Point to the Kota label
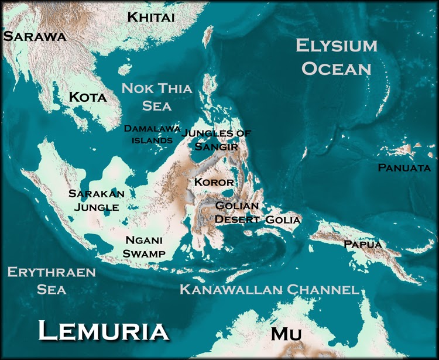pos(88,97)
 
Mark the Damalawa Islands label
pos(152,134)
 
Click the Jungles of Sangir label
pos(217,139)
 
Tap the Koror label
pos(214,182)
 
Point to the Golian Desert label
pos(236,212)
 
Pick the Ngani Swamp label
pos(145,246)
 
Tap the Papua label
pos(363,244)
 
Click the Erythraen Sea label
pos(42,280)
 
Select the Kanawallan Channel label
pos(269,289)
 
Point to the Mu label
pos(286,334)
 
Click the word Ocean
pos(336,68)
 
